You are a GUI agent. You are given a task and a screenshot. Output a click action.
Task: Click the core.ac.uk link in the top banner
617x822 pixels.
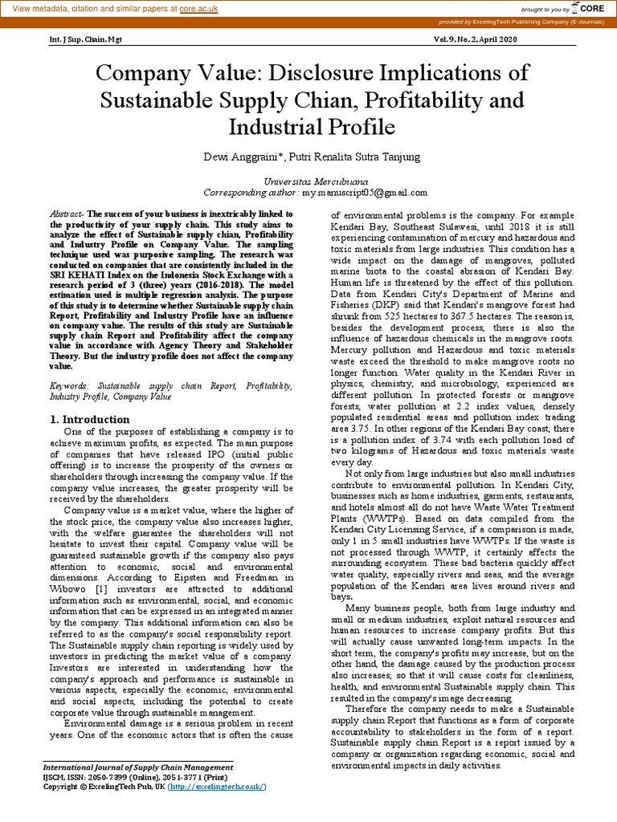click(200, 7)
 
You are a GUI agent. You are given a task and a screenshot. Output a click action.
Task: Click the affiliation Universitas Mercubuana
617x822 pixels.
click(308, 182)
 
